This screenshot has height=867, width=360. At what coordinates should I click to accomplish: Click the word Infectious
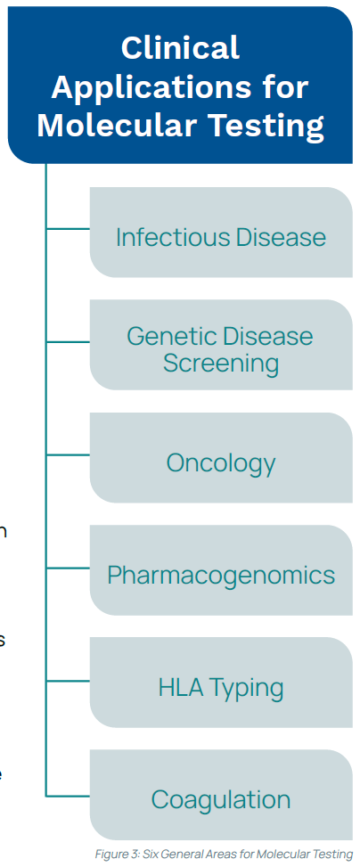173,237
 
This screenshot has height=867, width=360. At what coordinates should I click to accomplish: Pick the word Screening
221,364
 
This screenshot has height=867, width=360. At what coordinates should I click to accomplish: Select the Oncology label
221,463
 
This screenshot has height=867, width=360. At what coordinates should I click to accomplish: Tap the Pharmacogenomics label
221,575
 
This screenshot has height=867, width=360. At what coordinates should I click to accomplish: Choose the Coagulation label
221,800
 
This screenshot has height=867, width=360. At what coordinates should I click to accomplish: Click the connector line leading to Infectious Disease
68,228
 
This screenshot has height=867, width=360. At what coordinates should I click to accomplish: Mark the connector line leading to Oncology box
68,455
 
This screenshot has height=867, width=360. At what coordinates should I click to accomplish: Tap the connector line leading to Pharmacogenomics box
68,568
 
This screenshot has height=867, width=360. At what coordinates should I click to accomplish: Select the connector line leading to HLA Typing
68,681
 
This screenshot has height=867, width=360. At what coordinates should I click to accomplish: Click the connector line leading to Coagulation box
68,797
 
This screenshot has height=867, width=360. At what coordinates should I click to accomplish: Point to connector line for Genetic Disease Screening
68,341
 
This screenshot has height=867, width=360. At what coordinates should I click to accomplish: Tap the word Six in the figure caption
151,854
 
